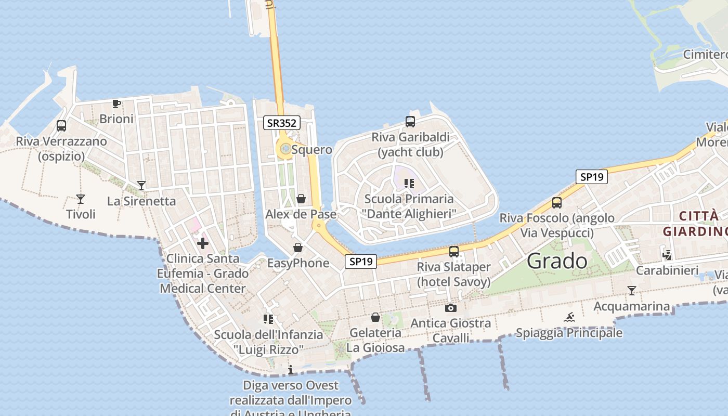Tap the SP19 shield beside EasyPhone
361,262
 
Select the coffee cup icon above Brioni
116,104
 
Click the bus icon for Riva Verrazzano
61,126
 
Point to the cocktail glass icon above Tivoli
81,199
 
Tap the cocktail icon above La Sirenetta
141,186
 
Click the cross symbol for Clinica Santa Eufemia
203,243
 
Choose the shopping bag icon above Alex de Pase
301,199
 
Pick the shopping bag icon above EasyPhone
298,248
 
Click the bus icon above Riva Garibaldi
410,122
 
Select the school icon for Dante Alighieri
410,184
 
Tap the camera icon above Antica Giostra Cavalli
451,308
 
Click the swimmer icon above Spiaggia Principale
569,317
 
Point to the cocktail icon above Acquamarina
632,291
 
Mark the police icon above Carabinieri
667,255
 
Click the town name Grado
557,261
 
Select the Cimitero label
705,55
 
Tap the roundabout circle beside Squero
285,150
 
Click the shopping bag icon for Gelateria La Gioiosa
375,317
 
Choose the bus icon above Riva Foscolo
557,203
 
